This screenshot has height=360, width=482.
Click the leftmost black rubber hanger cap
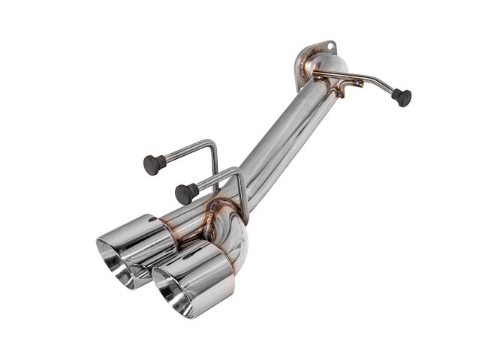(x=154, y=163)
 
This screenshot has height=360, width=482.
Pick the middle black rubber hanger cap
(x=186, y=193)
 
